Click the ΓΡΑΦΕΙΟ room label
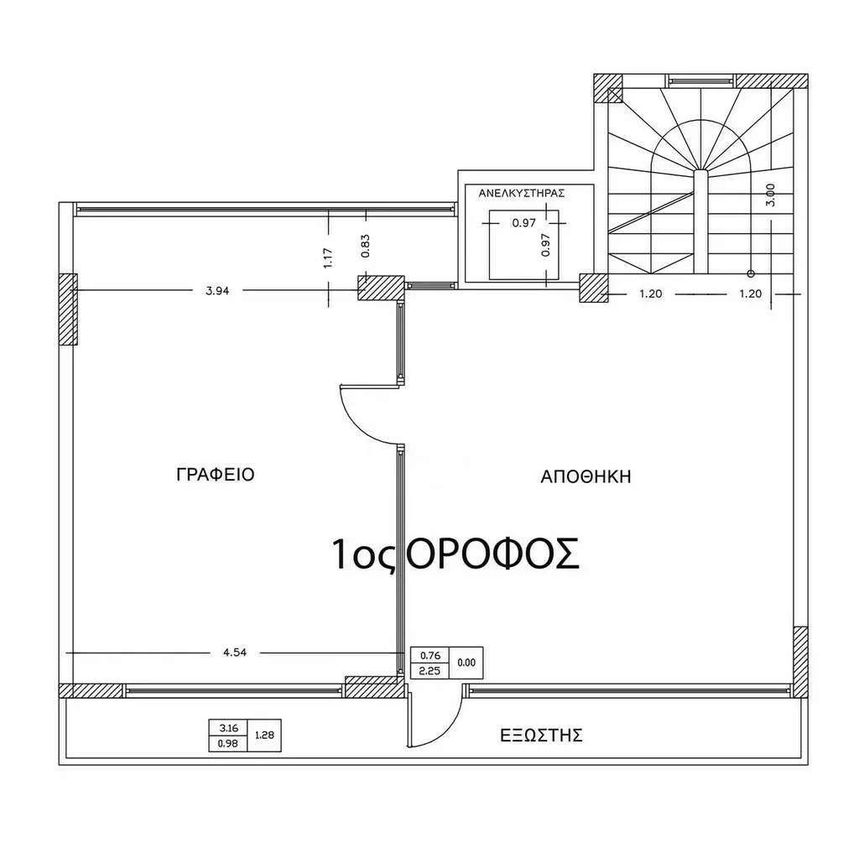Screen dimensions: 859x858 [x=216, y=474]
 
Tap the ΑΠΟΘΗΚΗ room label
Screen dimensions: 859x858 [x=586, y=476]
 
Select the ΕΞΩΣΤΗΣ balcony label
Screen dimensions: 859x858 [x=541, y=736]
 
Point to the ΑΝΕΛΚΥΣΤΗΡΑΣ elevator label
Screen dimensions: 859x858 [x=522, y=194]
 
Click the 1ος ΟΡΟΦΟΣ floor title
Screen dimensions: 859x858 [x=456, y=554]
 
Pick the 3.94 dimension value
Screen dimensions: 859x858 [x=217, y=291]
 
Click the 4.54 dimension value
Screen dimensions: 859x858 [x=235, y=653]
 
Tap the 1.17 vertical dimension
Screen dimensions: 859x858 [x=328, y=258]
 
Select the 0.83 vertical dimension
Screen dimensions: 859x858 [x=366, y=246]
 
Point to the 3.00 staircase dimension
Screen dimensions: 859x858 [x=771, y=195]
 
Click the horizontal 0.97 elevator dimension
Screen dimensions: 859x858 [x=523, y=223]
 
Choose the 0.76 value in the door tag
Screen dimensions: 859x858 [x=430, y=655]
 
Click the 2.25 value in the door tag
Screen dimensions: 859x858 [x=429, y=671]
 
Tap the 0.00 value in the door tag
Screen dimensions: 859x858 [x=466, y=663]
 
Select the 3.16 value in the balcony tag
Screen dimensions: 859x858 [x=228, y=728]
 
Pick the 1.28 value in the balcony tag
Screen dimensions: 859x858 [x=264, y=736]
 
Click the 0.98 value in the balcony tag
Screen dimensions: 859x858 [x=228, y=743]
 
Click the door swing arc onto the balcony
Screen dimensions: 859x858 [x=450, y=731]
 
